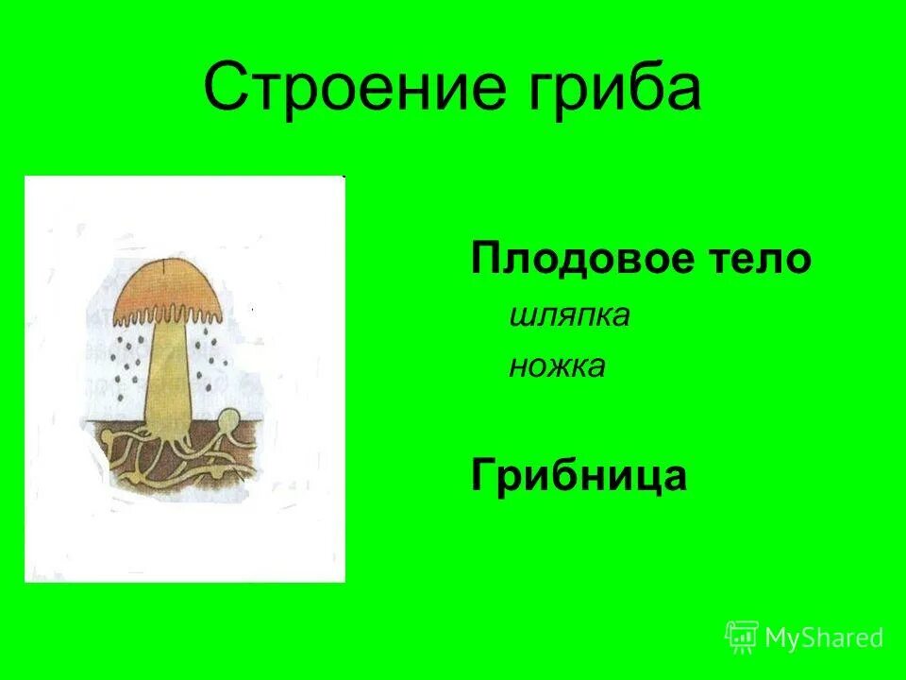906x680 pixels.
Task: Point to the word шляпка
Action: (x=568, y=315)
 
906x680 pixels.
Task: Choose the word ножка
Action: (x=557, y=365)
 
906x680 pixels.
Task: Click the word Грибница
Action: (x=579, y=476)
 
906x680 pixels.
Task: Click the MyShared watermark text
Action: (x=824, y=638)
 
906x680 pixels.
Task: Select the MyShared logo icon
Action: (x=742, y=637)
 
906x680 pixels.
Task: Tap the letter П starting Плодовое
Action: (x=484, y=259)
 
